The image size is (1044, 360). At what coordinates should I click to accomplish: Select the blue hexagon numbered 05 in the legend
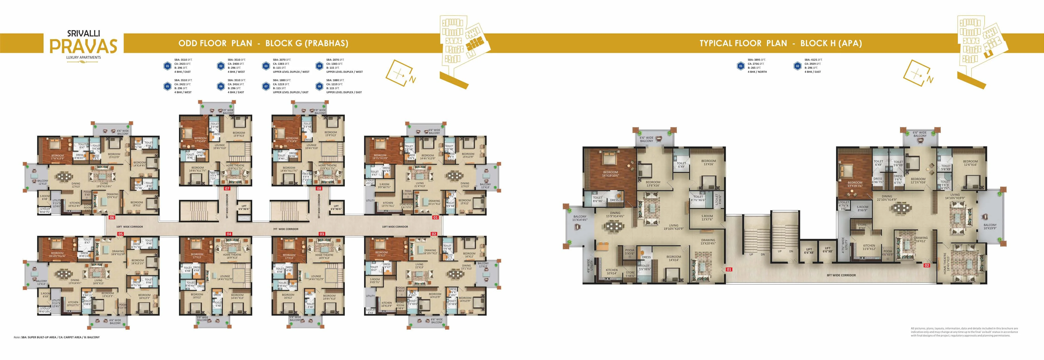point(167,86)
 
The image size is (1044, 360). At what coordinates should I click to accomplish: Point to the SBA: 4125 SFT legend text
point(813,60)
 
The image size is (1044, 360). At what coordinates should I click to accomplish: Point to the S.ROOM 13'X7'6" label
point(707,218)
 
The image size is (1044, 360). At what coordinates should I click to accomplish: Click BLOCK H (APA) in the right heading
point(831,43)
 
